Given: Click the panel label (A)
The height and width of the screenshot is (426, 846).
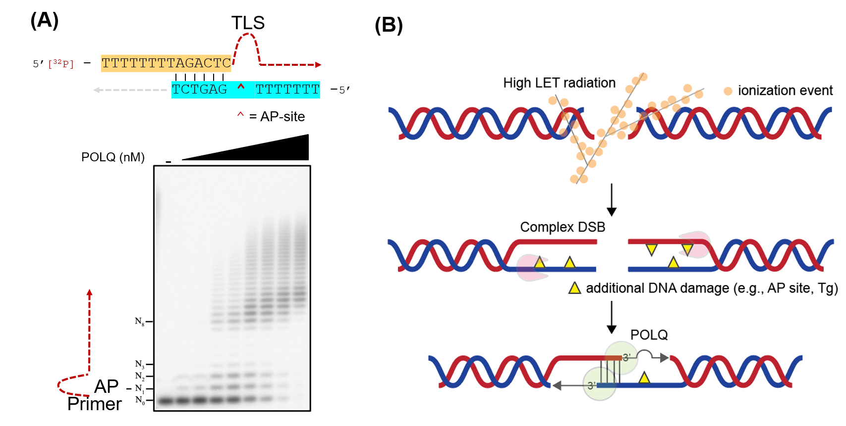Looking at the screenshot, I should coord(45,21).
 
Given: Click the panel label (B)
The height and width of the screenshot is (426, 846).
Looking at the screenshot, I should coord(389,25).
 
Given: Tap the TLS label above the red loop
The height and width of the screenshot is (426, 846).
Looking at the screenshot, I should coord(248,23).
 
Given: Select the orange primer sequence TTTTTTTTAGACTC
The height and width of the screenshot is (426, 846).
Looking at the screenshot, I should coord(166,63).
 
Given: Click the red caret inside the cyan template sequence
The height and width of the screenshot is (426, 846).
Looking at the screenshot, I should coord(241,88).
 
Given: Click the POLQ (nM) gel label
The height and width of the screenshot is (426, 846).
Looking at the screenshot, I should coord(113,157).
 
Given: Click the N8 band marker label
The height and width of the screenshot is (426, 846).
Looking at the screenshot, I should coord(139,322).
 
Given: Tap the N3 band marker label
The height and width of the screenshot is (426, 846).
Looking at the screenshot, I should coord(139,365).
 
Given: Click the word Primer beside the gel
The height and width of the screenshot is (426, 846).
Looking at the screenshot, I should coord(94,404).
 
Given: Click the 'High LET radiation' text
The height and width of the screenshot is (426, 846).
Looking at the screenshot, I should coord(559,83).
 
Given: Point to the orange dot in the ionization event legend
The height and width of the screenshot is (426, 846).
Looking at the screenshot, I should coord(728,91).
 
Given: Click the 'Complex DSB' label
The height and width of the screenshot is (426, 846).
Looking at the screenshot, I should coord(563,227).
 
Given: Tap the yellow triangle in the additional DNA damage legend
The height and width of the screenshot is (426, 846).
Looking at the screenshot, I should coord(574,288).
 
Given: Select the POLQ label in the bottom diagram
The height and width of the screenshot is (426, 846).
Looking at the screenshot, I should coord(649,335).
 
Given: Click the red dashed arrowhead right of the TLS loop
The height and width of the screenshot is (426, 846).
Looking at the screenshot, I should coord(318,65).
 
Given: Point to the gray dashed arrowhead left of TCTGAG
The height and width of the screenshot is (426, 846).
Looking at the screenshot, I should coord(97,90).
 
